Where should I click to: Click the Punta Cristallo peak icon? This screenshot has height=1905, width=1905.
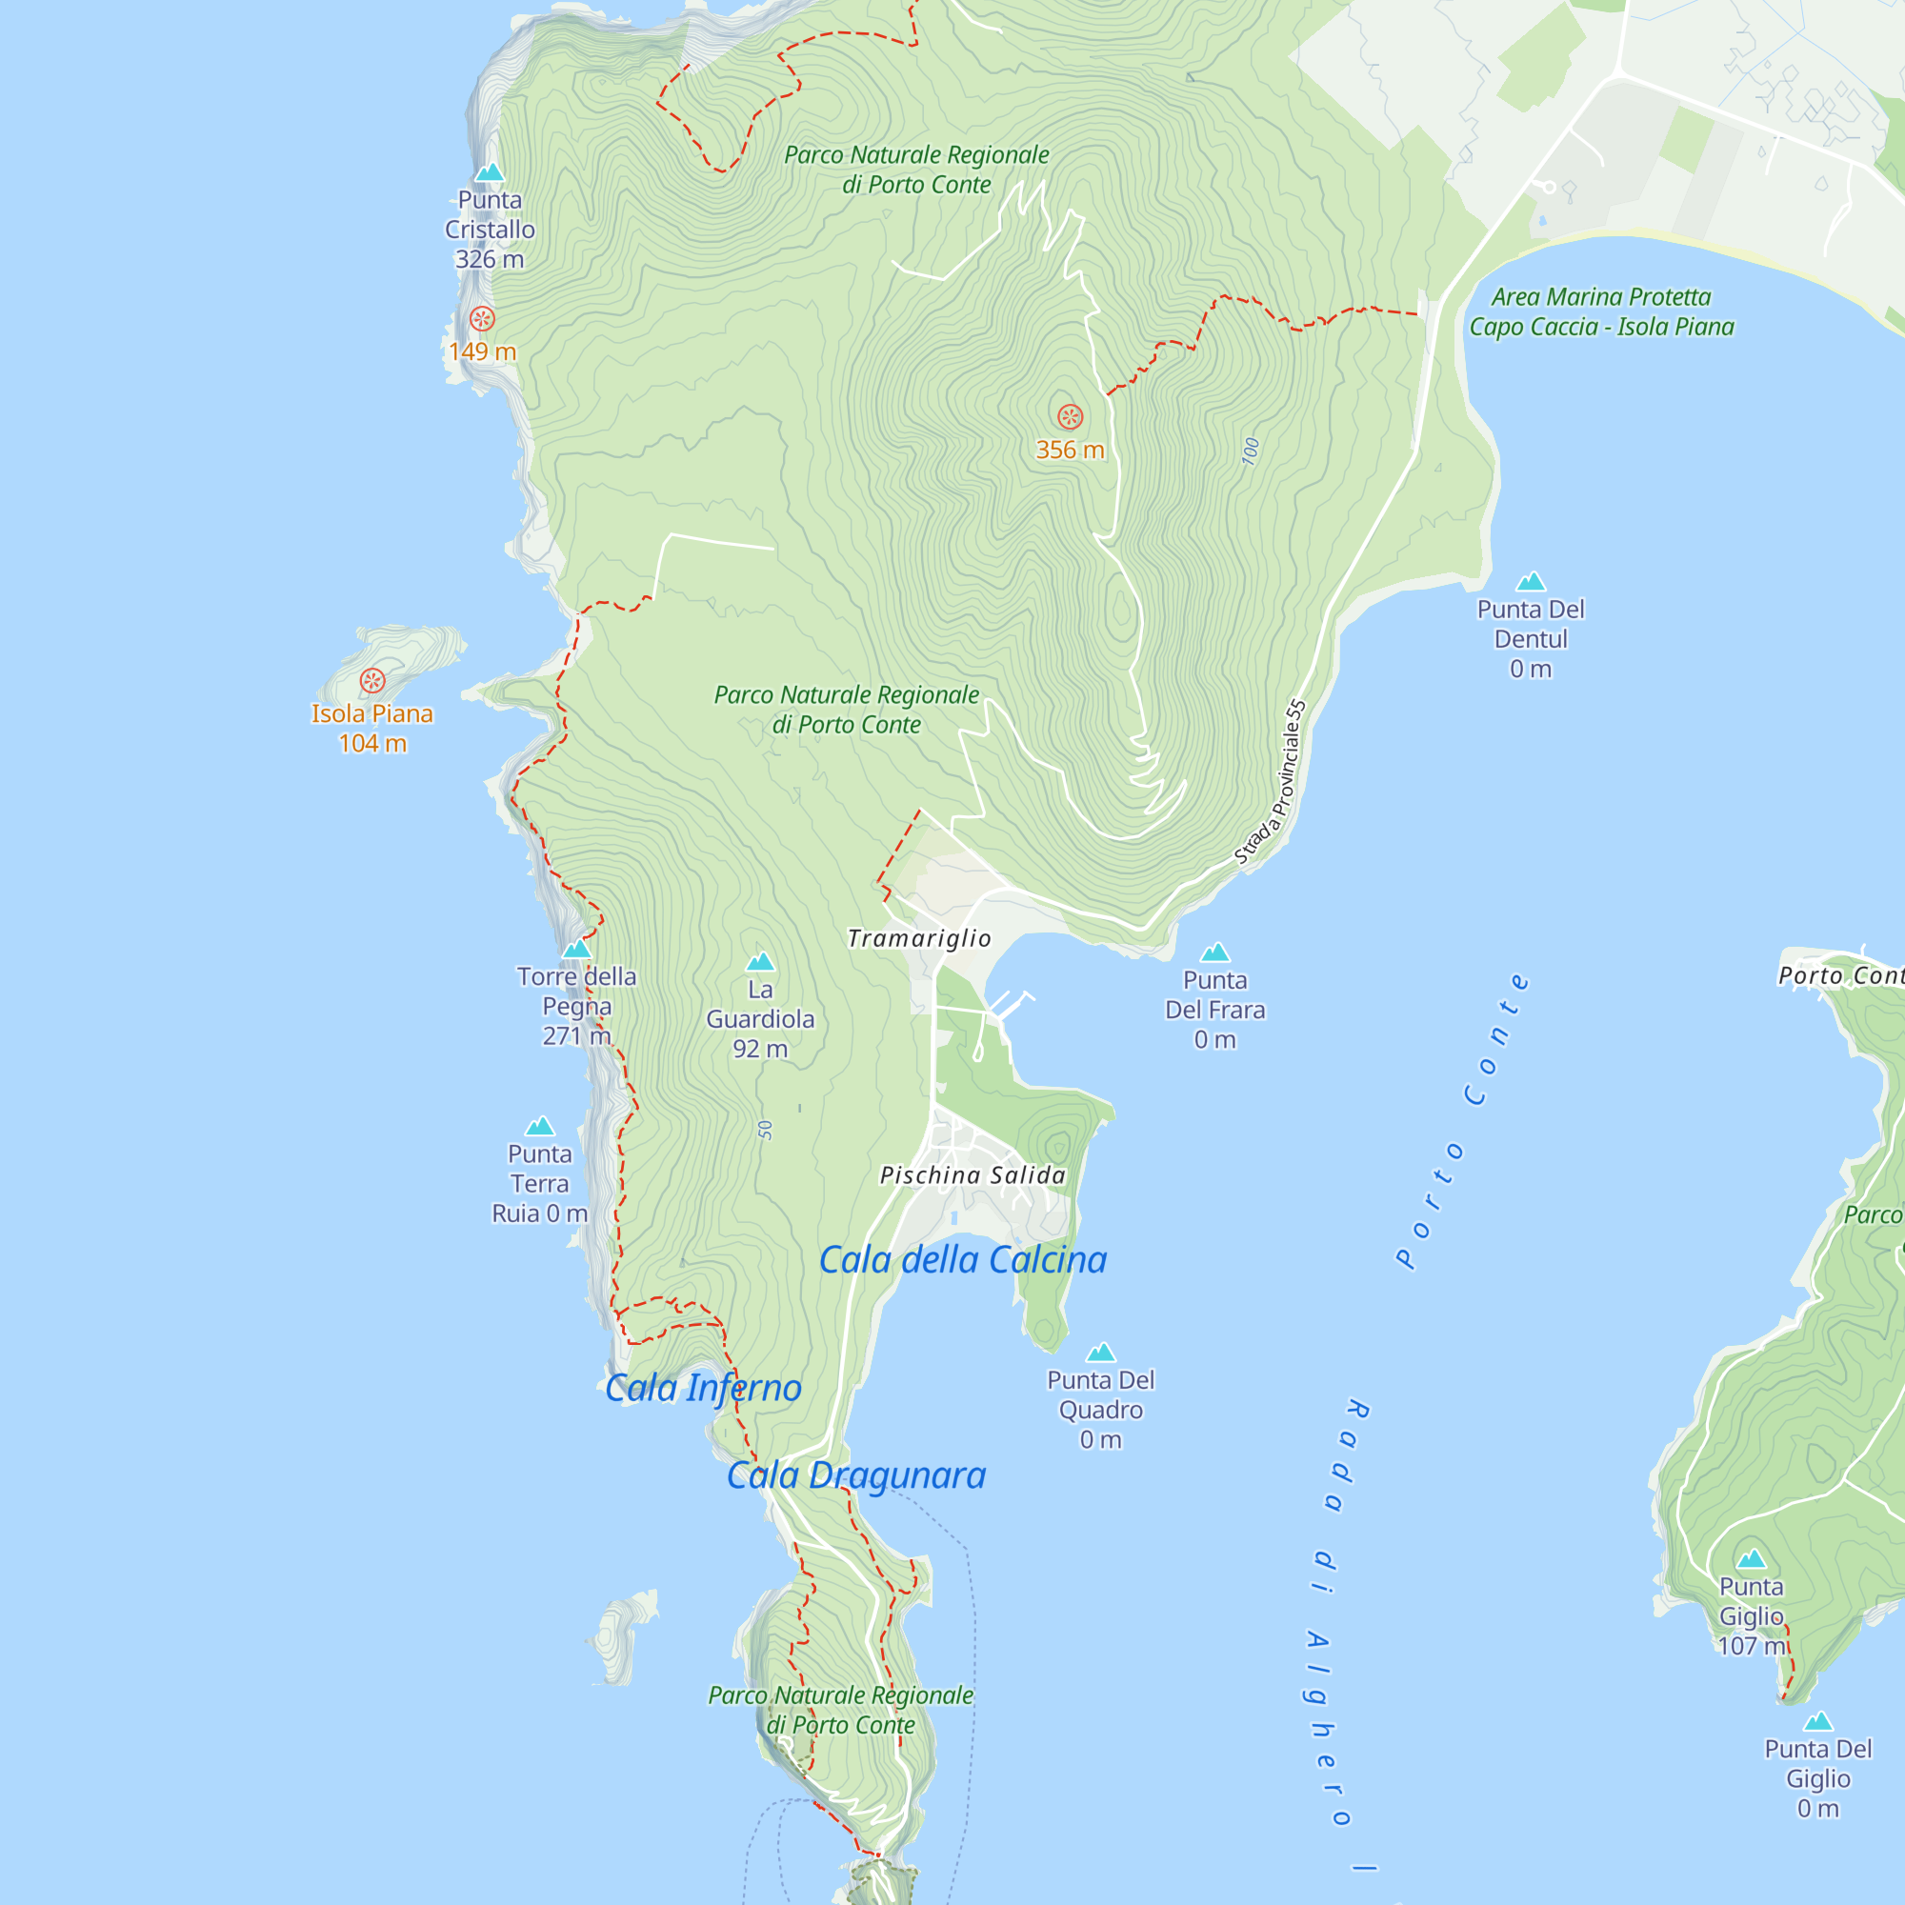click(490, 173)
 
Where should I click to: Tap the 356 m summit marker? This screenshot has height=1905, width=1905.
click(1070, 416)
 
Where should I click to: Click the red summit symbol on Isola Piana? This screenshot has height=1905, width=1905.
click(371, 680)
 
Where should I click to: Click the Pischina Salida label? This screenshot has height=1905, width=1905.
click(973, 1175)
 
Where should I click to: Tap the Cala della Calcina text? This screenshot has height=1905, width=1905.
click(962, 1260)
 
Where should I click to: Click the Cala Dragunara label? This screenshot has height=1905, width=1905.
click(856, 1476)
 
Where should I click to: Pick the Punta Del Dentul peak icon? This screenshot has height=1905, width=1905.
click(1531, 582)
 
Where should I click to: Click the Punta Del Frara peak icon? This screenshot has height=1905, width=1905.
click(1214, 952)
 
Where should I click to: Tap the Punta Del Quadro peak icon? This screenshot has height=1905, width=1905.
click(1100, 1353)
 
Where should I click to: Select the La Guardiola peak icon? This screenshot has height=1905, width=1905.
click(759, 962)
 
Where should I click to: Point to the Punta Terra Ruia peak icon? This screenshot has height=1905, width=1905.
click(539, 1127)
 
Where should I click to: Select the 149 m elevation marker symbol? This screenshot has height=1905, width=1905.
click(481, 318)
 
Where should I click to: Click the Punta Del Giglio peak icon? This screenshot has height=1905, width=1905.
click(1817, 1722)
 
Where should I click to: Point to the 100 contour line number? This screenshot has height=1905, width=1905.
click(1251, 451)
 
